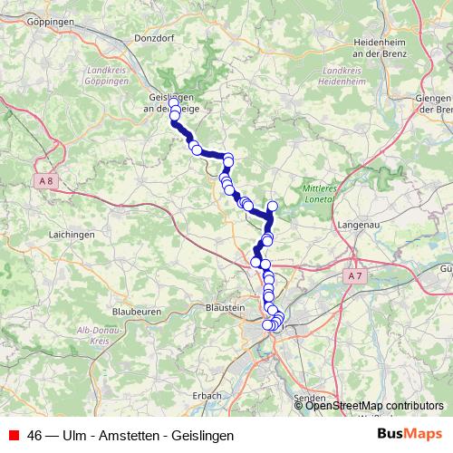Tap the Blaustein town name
point(226,308)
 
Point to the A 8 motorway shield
point(46,180)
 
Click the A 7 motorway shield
point(354,274)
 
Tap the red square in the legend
point(14,435)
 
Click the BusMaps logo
point(409,434)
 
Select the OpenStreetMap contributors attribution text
point(375,405)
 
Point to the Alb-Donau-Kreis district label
point(94,335)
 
